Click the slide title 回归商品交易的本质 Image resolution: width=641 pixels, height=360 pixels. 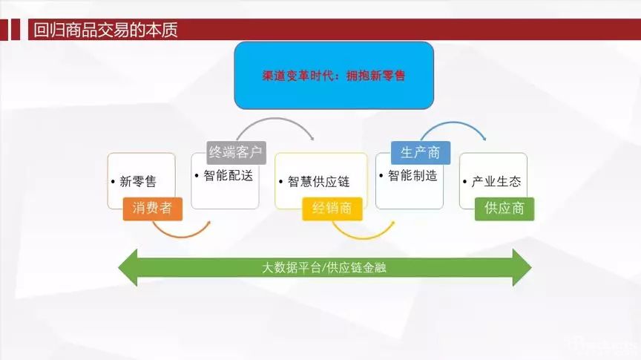105,30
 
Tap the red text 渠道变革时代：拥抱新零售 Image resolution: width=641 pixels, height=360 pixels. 334,76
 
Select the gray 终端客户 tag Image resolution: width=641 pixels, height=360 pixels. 236,153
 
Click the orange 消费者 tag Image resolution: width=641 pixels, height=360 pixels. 153,209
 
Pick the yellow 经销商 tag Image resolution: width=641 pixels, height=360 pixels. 332,209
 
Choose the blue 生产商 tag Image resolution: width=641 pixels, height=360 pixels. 421,153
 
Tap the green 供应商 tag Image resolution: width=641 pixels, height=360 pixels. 504,209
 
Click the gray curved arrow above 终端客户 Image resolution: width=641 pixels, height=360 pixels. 275,119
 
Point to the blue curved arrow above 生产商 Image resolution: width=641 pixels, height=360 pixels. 453,122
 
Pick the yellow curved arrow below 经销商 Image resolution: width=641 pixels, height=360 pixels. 363,238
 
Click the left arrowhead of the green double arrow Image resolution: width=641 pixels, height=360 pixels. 128,267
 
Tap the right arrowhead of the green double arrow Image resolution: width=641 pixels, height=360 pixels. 522,267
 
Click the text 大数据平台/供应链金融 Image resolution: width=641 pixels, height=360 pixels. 324,267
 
